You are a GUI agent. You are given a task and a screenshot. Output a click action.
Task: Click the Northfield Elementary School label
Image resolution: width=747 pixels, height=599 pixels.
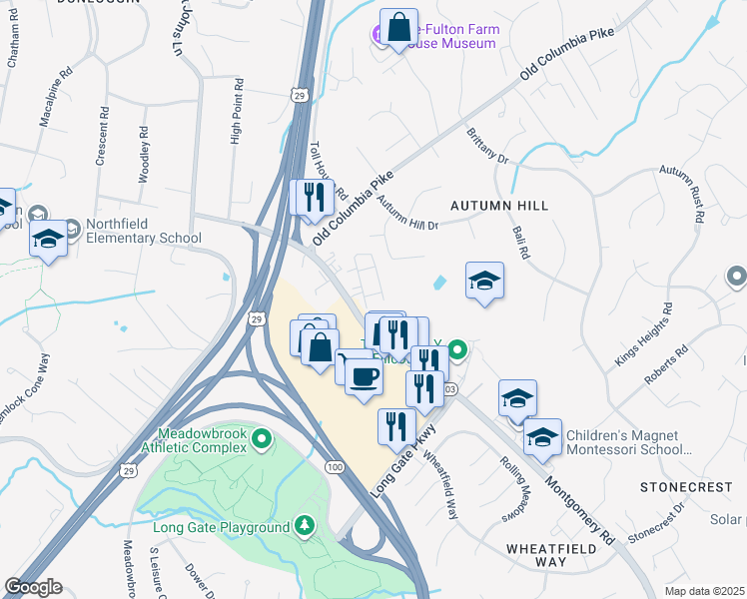coord(144,231)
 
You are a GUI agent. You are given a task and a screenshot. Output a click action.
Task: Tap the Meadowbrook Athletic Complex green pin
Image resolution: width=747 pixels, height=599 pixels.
coord(261,438)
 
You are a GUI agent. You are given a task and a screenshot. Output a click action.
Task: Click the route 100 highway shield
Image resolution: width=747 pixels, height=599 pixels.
coord(334,466)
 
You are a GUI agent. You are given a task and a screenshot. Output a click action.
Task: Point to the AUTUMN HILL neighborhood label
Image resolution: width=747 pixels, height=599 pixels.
coord(499,205)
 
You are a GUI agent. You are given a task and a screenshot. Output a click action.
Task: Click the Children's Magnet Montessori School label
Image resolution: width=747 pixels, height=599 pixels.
coord(622,442)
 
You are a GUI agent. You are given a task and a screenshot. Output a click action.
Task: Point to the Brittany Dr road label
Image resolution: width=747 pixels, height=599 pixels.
coord(488,146)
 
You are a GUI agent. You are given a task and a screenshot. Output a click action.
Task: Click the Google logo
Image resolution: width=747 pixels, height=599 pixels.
coord(33,587)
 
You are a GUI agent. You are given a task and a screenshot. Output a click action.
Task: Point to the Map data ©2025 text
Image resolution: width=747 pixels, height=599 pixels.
coord(705,591)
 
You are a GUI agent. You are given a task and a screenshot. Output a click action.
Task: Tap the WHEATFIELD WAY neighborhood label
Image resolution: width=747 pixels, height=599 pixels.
coord(550,555)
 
